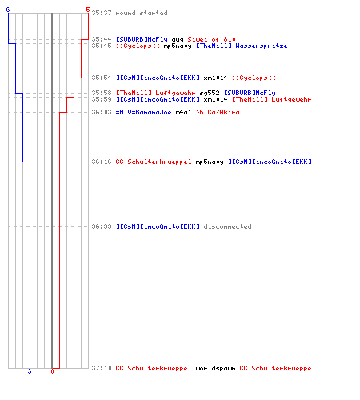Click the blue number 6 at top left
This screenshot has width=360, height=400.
tap(8, 10)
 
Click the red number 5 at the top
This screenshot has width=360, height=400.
tap(88, 10)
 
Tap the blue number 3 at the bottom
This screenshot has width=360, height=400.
tap(30, 371)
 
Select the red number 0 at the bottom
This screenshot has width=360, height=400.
tap(52, 371)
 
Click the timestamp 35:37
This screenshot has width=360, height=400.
tap(102, 13)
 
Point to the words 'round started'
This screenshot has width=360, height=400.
tap(142, 13)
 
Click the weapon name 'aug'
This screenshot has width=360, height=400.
tap(178, 40)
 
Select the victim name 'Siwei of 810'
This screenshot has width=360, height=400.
tap(211, 39)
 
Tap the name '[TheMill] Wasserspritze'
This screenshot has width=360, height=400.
tap(242, 46)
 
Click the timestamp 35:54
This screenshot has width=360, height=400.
tap(102, 78)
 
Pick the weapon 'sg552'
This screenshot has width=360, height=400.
tap(210, 93)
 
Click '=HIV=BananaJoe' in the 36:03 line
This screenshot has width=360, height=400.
tap(143, 112)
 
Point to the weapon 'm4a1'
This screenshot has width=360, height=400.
tap(183, 112)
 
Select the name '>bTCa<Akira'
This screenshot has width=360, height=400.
tap(218, 112)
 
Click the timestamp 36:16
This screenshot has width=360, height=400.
tap(102, 162)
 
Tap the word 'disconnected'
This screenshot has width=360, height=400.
tap(227, 226)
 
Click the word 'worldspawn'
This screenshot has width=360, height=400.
tap(215, 369)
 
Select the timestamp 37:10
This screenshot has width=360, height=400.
tap(102, 368)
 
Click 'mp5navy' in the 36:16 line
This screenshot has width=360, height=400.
tap(210, 162)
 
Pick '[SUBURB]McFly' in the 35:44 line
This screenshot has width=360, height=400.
tap(142, 39)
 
